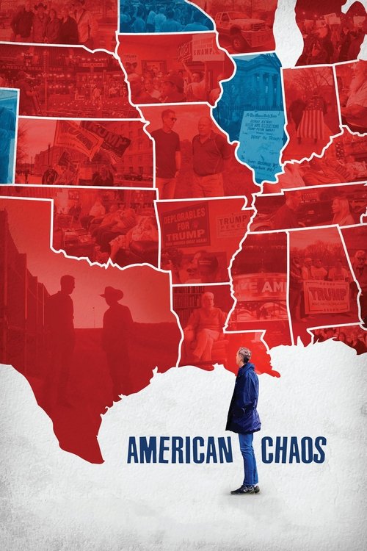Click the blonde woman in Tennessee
[341, 210]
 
